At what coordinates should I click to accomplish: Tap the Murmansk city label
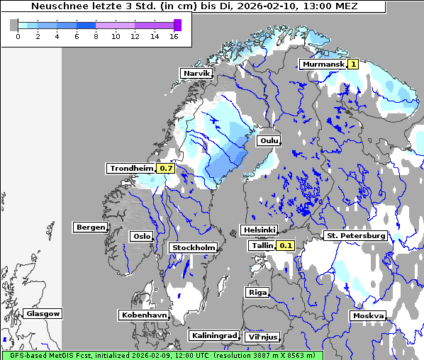(323, 64)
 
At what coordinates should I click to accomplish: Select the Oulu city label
(269, 140)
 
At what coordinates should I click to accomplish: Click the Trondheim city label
(131, 168)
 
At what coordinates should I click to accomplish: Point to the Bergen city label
(90, 227)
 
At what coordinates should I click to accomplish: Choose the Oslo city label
(141, 236)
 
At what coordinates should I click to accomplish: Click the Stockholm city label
(194, 247)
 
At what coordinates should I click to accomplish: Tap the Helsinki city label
(259, 230)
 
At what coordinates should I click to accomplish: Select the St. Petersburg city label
(355, 235)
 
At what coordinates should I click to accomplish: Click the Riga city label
(257, 292)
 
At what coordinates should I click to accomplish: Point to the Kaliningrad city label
(213, 335)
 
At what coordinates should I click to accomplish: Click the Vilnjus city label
(262, 337)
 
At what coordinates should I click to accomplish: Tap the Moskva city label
(368, 315)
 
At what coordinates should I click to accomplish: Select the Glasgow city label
(43, 313)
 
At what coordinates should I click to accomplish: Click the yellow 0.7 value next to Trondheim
(166, 168)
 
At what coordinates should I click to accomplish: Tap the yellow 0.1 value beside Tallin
(285, 245)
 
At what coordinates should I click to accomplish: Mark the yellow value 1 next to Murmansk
(353, 64)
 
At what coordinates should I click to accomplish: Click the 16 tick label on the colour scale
(174, 37)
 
